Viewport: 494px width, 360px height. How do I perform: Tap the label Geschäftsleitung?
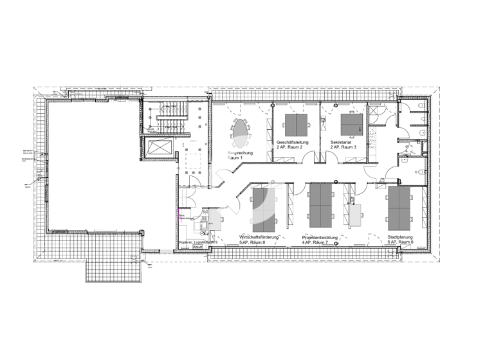point(293,142)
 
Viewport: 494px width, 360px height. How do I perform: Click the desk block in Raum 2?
point(295,124)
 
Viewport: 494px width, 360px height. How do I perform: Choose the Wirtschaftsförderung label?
point(261,237)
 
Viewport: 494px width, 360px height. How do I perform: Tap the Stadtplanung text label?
point(400,237)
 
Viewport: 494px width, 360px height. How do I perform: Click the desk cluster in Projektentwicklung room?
point(321,206)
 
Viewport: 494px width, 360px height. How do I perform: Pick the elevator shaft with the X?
point(158,148)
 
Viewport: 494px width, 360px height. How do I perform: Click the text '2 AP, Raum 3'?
point(343,148)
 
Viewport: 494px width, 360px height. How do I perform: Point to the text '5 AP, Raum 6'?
point(400,242)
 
